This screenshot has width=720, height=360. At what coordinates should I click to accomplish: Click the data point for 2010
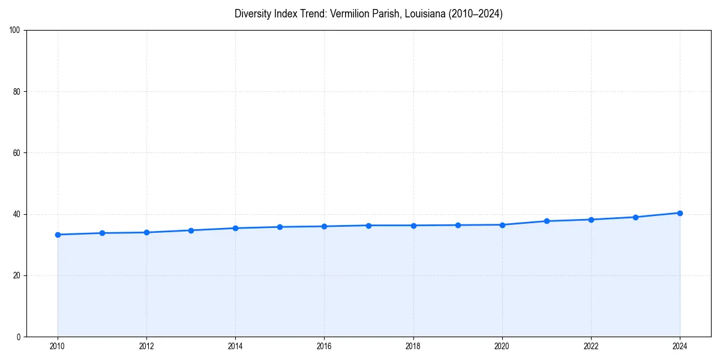(x=58, y=235)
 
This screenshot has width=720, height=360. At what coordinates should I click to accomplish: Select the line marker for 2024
(x=680, y=213)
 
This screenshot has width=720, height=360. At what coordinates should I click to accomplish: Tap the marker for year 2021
(x=547, y=221)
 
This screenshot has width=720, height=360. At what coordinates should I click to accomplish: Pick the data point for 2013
(x=191, y=230)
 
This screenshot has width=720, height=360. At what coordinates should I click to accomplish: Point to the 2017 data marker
(x=368, y=226)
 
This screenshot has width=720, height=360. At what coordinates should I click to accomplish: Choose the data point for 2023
(x=635, y=217)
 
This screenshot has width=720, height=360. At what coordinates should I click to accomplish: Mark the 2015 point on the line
(x=280, y=227)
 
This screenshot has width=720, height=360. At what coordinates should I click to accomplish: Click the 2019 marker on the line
(x=458, y=225)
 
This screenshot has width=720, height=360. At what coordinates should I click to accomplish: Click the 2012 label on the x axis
(x=146, y=346)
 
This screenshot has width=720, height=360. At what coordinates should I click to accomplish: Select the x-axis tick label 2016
(x=324, y=346)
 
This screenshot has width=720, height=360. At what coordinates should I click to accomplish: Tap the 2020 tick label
(x=502, y=346)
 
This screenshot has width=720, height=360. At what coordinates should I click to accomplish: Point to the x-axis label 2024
(x=680, y=346)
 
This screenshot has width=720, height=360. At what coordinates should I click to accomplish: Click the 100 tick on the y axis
(x=15, y=31)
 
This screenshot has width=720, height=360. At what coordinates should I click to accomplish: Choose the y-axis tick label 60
(x=17, y=153)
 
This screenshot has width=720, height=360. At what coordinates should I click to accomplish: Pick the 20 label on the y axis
(x=17, y=275)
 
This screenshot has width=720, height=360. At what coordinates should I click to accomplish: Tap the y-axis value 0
(x=19, y=337)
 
